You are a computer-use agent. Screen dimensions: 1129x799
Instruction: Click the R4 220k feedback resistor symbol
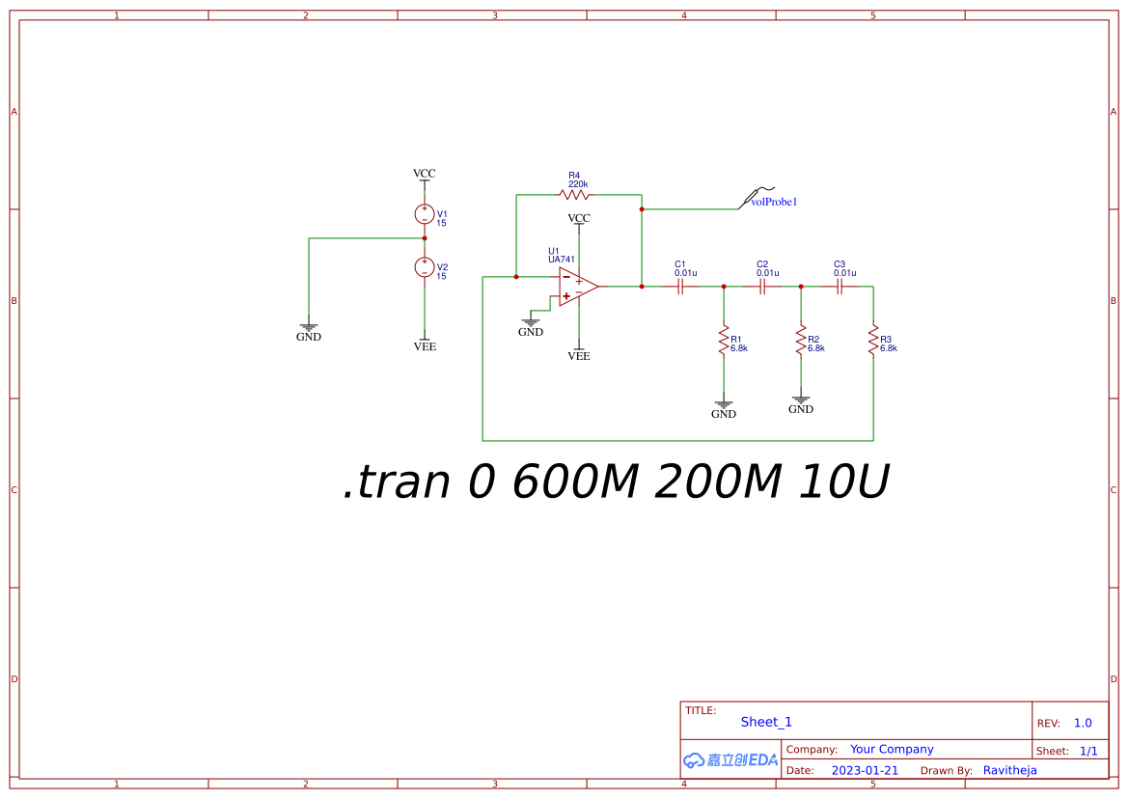pyautogui.click(x=574, y=194)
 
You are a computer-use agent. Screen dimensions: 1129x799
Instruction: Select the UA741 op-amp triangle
pyautogui.click(x=578, y=287)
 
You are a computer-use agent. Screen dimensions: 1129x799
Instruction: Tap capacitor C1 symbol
pyautogui.click(x=679, y=287)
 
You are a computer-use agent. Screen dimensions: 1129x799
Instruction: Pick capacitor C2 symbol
pyautogui.click(x=761, y=287)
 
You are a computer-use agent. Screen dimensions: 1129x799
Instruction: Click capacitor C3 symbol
pyautogui.click(x=839, y=287)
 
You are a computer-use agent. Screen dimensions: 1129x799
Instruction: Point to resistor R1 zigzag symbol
pyautogui.click(x=724, y=340)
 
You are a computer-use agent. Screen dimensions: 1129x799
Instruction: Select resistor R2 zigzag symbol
pyautogui.click(x=801, y=340)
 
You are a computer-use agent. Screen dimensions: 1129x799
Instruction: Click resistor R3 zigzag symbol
pyautogui.click(x=873, y=340)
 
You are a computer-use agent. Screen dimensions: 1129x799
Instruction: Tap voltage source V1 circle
pyautogui.click(x=424, y=214)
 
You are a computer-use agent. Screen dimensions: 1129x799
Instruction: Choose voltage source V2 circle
pyautogui.click(x=424, y=267)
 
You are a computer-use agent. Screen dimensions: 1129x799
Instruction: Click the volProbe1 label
pyautogui.click(x=774, y=203)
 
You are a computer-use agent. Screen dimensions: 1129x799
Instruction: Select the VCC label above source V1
pyautogui.click(x=424, y=174)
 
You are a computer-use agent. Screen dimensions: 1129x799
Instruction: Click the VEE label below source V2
pyautogui.click(x=425, y=346)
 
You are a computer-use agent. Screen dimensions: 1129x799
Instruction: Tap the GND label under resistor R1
pyautogui.click(x=724, y=414)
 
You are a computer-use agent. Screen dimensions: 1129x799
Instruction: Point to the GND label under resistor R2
pyautogui.click(x=801, y=409)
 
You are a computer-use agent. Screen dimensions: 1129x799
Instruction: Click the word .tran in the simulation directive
pyautogui.click(x=397, y=482)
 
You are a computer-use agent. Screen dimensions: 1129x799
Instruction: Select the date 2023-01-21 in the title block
pyautogui.click(x=865, y=770)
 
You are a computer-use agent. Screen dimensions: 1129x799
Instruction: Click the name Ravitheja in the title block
pyautogui.click(x=1010, y=770)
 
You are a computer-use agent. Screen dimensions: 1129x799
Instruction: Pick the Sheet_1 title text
pyautogui.click(x=766, y=722)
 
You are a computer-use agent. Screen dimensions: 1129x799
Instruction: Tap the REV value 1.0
pyautogui.click(x=1083, y=723)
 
